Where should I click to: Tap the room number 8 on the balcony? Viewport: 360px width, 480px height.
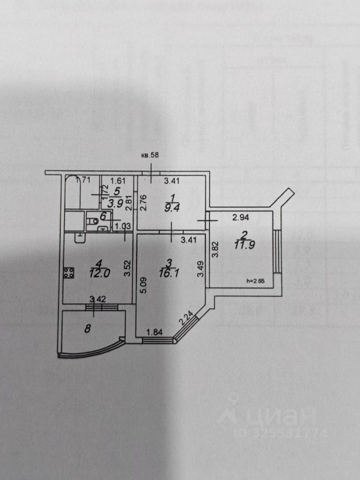click(88, 328)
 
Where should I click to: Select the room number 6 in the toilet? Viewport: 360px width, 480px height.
click(103, 216)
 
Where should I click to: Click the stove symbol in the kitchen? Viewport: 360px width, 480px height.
click(69, 273)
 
